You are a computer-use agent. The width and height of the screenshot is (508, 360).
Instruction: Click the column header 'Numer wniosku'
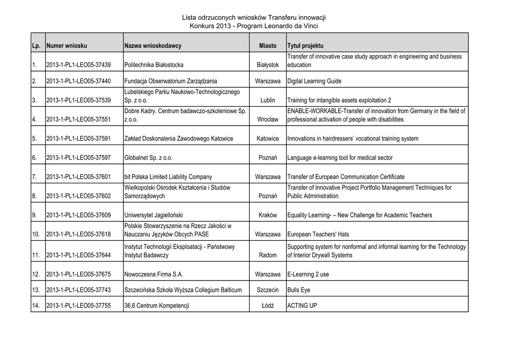(66, 46)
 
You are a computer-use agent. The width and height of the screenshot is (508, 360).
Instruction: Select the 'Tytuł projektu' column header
(305, 46)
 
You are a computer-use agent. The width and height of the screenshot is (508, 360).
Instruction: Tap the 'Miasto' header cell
(268, 46)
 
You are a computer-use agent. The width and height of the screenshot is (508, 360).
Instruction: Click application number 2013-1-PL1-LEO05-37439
(78, 65)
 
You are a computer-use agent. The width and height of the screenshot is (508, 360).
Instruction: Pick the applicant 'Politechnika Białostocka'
(154, 65)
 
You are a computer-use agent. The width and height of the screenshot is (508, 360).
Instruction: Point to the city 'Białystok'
(268, 65)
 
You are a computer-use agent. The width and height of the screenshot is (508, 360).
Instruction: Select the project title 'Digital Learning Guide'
(315, 81)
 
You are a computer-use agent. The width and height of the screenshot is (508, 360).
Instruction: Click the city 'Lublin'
(268, 100)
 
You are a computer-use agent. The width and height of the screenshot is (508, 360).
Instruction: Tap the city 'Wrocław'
(268, 120)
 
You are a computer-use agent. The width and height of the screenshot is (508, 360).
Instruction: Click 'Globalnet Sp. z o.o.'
(149, 158)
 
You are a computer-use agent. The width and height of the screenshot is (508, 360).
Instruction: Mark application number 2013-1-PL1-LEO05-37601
(78, 177)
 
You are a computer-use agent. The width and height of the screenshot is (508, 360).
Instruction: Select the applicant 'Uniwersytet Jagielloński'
(154, 216)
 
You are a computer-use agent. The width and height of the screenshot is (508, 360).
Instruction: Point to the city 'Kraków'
(268, 216)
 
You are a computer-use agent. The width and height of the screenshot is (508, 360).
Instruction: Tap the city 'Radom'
(268, 255)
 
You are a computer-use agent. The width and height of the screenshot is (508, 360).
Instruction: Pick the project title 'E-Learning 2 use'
(308, 274)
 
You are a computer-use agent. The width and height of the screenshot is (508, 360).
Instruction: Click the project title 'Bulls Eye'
(299, 290)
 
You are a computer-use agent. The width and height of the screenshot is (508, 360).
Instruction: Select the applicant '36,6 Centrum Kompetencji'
(157, 306)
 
